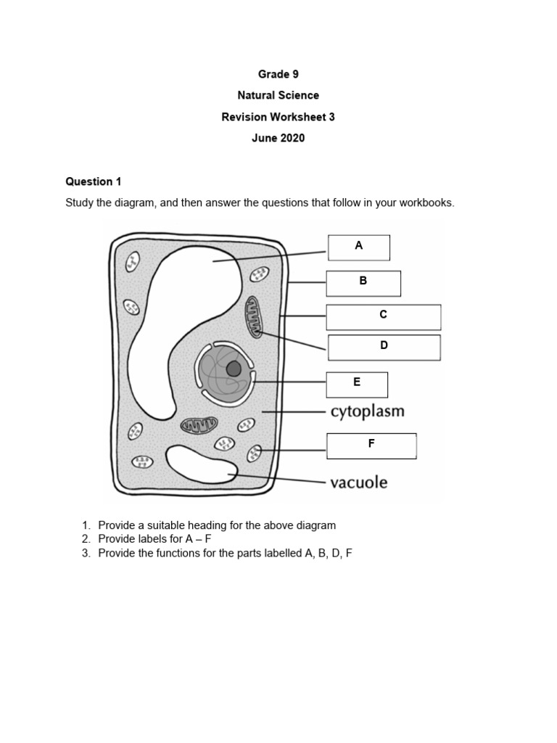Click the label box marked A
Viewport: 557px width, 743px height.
[x=358, y=247]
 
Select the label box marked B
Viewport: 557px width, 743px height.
[x=363, y=283]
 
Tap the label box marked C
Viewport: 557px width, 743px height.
[x=383, y=317]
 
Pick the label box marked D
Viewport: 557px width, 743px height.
[x=384, y=347]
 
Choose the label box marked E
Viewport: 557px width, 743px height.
[x=356, y=385]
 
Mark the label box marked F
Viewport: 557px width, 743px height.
[x=371, y=446]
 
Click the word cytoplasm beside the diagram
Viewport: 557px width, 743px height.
[x=367, y=412]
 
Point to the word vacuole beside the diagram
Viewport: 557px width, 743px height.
[x=358, y=483]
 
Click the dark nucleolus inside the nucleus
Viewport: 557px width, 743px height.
[x=234, y=369]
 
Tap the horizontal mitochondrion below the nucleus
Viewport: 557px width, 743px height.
[x=199, y=425]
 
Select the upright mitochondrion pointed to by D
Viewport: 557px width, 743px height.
[x=255, y=316]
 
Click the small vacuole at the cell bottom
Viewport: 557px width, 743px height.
[x=201, y=464]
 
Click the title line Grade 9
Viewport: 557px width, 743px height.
[x=278, y=74]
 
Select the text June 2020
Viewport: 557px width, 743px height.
[x=278, y=138]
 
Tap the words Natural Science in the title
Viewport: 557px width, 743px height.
[x=278, y=95]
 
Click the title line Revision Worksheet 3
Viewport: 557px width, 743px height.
[x=278, y=117]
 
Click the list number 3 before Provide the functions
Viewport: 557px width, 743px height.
[x=85, y=553]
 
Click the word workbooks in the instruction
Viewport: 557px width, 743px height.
[x=426, y=202]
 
